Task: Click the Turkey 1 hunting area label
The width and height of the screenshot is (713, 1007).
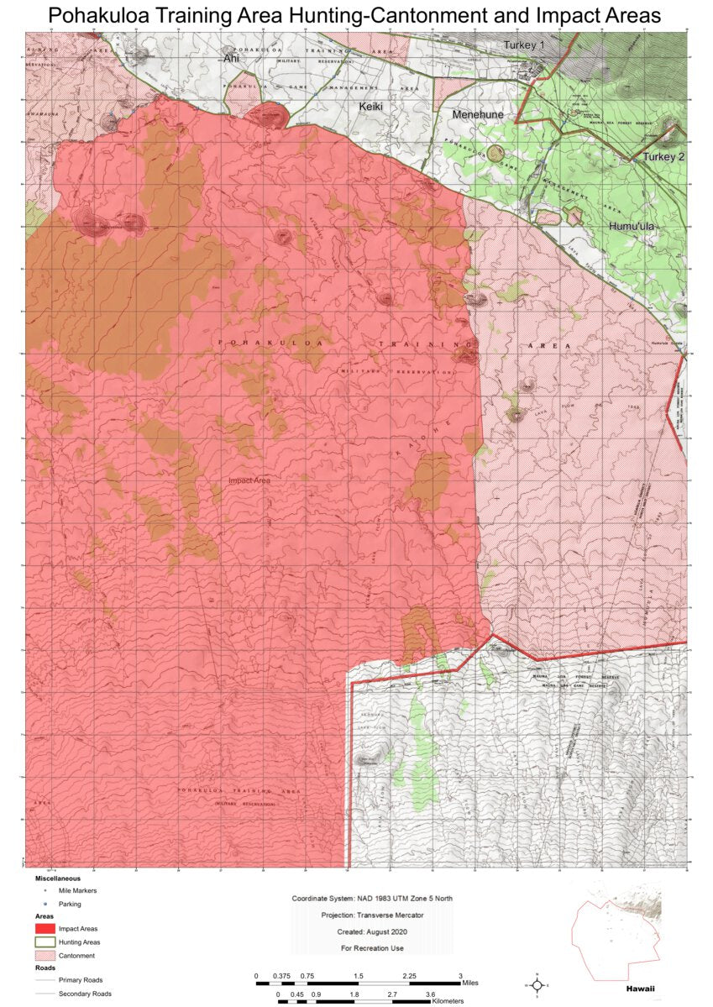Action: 524,44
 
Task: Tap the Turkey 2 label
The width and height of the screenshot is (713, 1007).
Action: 664,157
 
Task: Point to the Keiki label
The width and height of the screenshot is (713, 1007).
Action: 371,107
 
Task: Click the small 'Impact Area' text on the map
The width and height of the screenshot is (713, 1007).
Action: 249,480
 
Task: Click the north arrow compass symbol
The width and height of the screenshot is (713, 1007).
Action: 537,983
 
